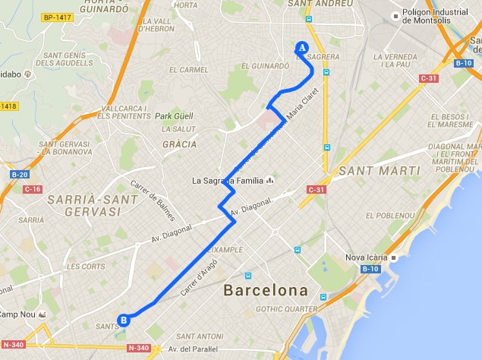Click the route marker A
click(x=301, y=47)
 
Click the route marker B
click(x=124, y=320)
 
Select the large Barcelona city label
click(x=266, y=291)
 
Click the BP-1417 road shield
click(x=57, y=17)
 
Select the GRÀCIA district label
click(x=180, y=144)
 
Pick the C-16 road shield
click(x=32, y=188)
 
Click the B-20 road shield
click(x=18, y=175)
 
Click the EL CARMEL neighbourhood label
click(x=188, y=69)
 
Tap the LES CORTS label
click(x=85, y=267)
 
